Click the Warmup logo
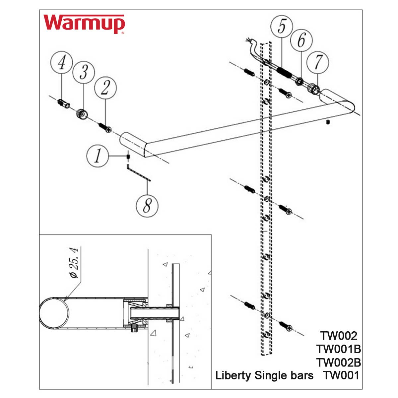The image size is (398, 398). click(x=84, y=24)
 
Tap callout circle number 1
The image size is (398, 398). click(x=98, y=156)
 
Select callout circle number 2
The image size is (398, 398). click(x=105, y=89)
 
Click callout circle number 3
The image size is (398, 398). click(x=84, y=72)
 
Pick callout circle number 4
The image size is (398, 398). click(x=62, y=63)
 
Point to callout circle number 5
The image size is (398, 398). click(x=281, y=27)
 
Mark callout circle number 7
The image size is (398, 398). click(x=318, y=62)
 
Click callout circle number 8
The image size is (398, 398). click(x=147, y=205)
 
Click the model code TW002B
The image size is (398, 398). click(x=338, y=362)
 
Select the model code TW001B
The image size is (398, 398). click(x=338, y=349)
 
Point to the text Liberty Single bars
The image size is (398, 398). click(x=264, y=375)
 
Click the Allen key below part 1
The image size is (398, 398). click(x=138, y=173)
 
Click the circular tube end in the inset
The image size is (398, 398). click(x=54, y=313)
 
